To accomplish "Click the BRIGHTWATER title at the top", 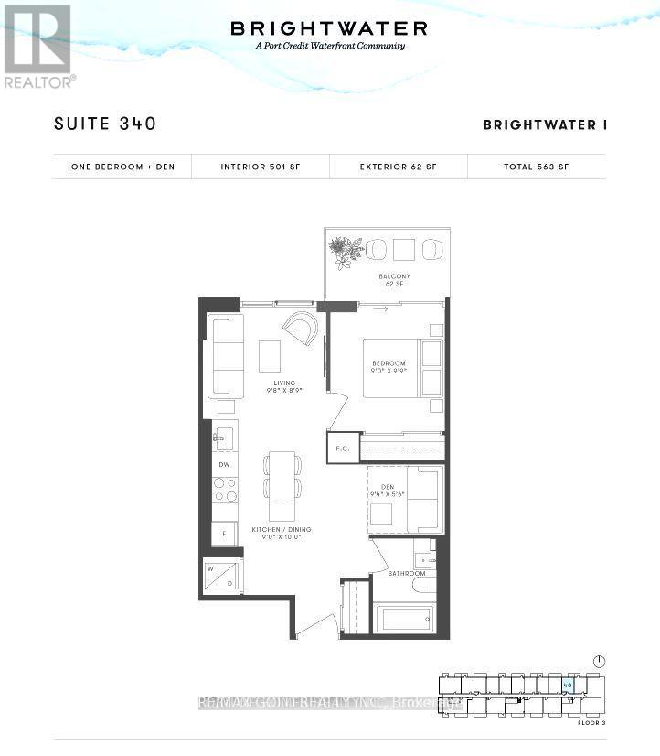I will (x=329, y=28).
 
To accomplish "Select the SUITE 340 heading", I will (x=105, y=124).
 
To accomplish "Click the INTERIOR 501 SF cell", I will (x=261, y=167).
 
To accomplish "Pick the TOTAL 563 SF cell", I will (x=536, y=167).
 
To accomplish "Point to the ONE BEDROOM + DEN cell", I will (x=122, y=167).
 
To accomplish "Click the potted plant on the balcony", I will (x=347, y=252).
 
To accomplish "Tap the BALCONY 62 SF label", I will (x=394, y=279).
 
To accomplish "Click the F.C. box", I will (x=343, y=448).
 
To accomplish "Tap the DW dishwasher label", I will (x=224, y=465).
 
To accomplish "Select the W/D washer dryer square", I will (x=222, y=576).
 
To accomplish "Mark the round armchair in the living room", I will (x=301, y=328).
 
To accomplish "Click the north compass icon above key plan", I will (x=599, y=661).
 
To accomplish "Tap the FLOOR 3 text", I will (x=591, y=723).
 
